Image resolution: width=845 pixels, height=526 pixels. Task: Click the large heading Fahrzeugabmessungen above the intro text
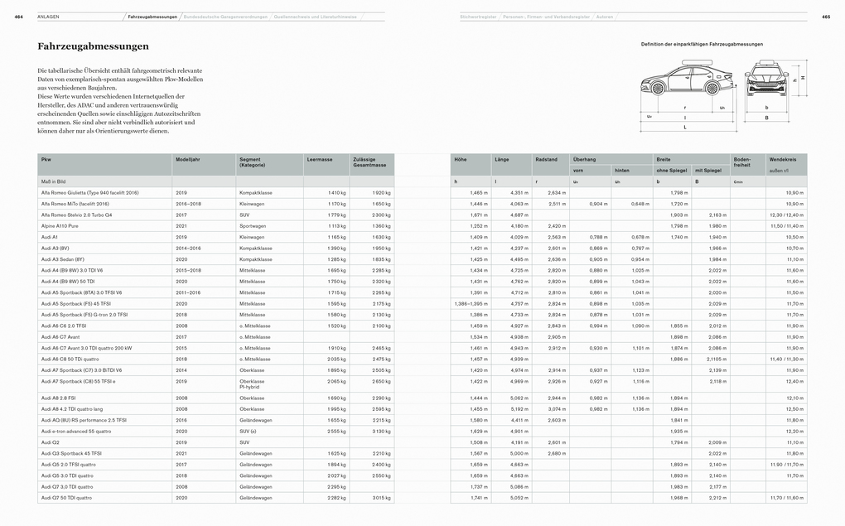point(93,46)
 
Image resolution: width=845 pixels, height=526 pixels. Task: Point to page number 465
point(826,17)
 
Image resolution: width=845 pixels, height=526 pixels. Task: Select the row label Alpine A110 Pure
point(60,225)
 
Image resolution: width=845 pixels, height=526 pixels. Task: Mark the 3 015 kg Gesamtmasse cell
point(381,498)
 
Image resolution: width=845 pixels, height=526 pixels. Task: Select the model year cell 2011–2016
point(189,292)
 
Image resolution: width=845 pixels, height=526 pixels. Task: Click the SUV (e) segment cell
point(248,431)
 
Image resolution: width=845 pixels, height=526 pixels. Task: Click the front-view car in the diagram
point(766,82)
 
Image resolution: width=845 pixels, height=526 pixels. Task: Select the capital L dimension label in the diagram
point(684,128)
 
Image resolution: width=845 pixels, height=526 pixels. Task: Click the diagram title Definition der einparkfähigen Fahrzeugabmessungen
point(702,44)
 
